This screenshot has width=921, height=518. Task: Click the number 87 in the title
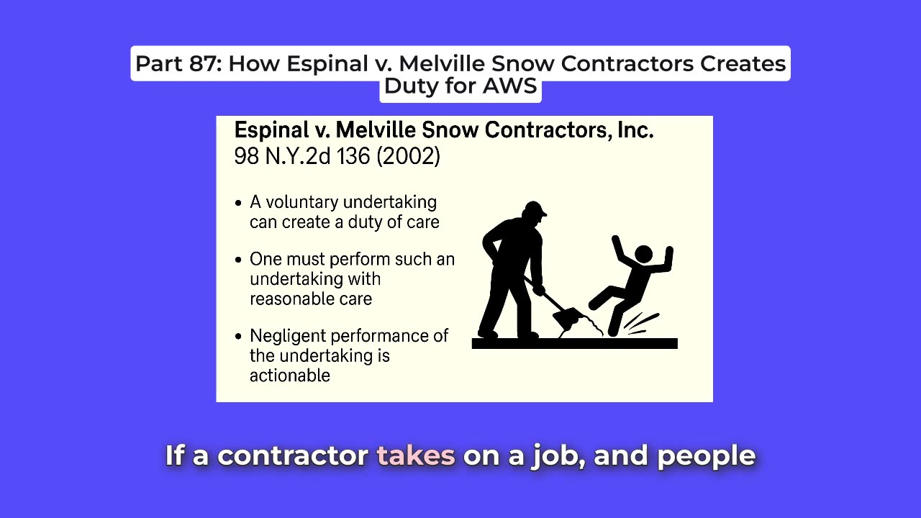pos(205,64)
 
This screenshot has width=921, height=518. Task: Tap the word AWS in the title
pos(509,86)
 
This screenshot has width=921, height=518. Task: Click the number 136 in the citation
pos(353,156)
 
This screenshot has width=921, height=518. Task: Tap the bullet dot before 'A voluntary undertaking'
pos(238,203)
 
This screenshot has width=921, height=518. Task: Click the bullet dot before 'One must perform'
pos(238,260)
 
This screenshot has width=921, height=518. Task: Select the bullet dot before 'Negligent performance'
pos(238,337)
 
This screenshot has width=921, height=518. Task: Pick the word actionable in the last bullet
pos(290,376)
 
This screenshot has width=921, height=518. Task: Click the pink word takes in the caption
pos(416,455)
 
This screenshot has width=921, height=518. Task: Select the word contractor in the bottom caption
pos(292,455)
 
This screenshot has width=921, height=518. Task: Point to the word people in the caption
pos(707,457)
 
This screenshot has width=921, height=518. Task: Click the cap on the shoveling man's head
pos(535,209)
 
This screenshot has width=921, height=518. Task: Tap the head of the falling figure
pos(643,254)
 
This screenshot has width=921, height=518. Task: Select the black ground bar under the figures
pos(574,343)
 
